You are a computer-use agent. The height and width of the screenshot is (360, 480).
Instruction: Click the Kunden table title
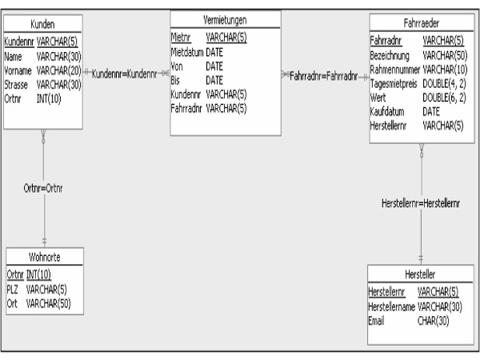tap(42, 24)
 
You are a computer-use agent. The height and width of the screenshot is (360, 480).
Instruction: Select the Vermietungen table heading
tap(225, 20)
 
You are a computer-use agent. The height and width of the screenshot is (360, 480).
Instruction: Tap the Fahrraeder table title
tap(422, 23)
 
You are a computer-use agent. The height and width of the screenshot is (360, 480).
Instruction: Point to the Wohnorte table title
tap(44, 257)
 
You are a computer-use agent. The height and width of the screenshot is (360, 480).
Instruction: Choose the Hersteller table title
tap(420, 274)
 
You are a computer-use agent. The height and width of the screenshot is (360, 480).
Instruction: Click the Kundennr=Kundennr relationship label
tap(124, 74)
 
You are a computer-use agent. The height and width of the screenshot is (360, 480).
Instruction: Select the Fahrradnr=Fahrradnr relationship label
tap(323, 76)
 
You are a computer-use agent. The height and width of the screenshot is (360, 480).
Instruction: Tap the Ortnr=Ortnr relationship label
tap(43, 188)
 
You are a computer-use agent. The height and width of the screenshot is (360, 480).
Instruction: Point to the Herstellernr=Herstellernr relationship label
tap(421, 203)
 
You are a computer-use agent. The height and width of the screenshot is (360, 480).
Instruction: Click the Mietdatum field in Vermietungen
tap(187, 52)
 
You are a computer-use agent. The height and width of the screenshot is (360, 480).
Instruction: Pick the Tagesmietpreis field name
tap(394, 83)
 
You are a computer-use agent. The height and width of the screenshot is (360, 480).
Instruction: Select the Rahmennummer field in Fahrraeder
tap(395, 70)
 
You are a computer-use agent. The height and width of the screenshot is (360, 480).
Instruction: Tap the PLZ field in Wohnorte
tap(12, 289)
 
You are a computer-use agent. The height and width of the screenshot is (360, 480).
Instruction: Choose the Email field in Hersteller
tap(376, 321)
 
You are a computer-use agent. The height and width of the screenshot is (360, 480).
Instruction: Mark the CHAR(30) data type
tap(433, 321)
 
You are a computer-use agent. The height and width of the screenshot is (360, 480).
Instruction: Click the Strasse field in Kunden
tap(16, 85)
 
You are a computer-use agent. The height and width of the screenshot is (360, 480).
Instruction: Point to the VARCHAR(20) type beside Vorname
tap(58, 70)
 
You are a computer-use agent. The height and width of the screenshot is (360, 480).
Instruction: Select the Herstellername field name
tap(391, 306)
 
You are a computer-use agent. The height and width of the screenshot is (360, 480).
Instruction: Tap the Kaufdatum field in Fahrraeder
tap(387, 112)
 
